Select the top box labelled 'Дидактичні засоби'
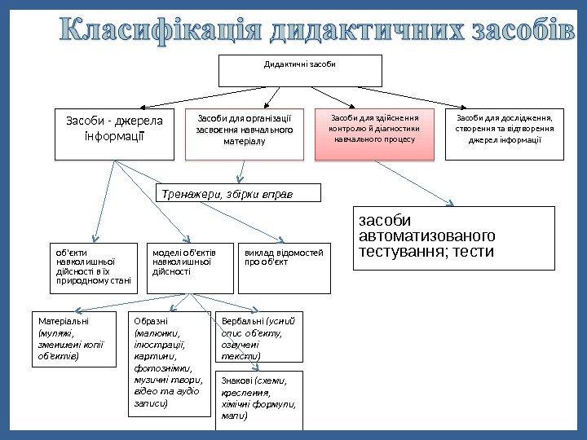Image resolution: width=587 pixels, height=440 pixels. tap(301, 70)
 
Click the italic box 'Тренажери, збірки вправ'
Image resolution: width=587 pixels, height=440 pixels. tap(238, 193)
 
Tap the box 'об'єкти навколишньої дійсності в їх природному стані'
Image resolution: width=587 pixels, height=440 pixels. tap(94, 268)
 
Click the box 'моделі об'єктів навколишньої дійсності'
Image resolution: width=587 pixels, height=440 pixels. tap(190, 268)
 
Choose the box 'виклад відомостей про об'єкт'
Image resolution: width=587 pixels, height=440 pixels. tap(285, 268)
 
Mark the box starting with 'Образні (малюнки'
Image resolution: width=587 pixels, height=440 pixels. tap(170, 363)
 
